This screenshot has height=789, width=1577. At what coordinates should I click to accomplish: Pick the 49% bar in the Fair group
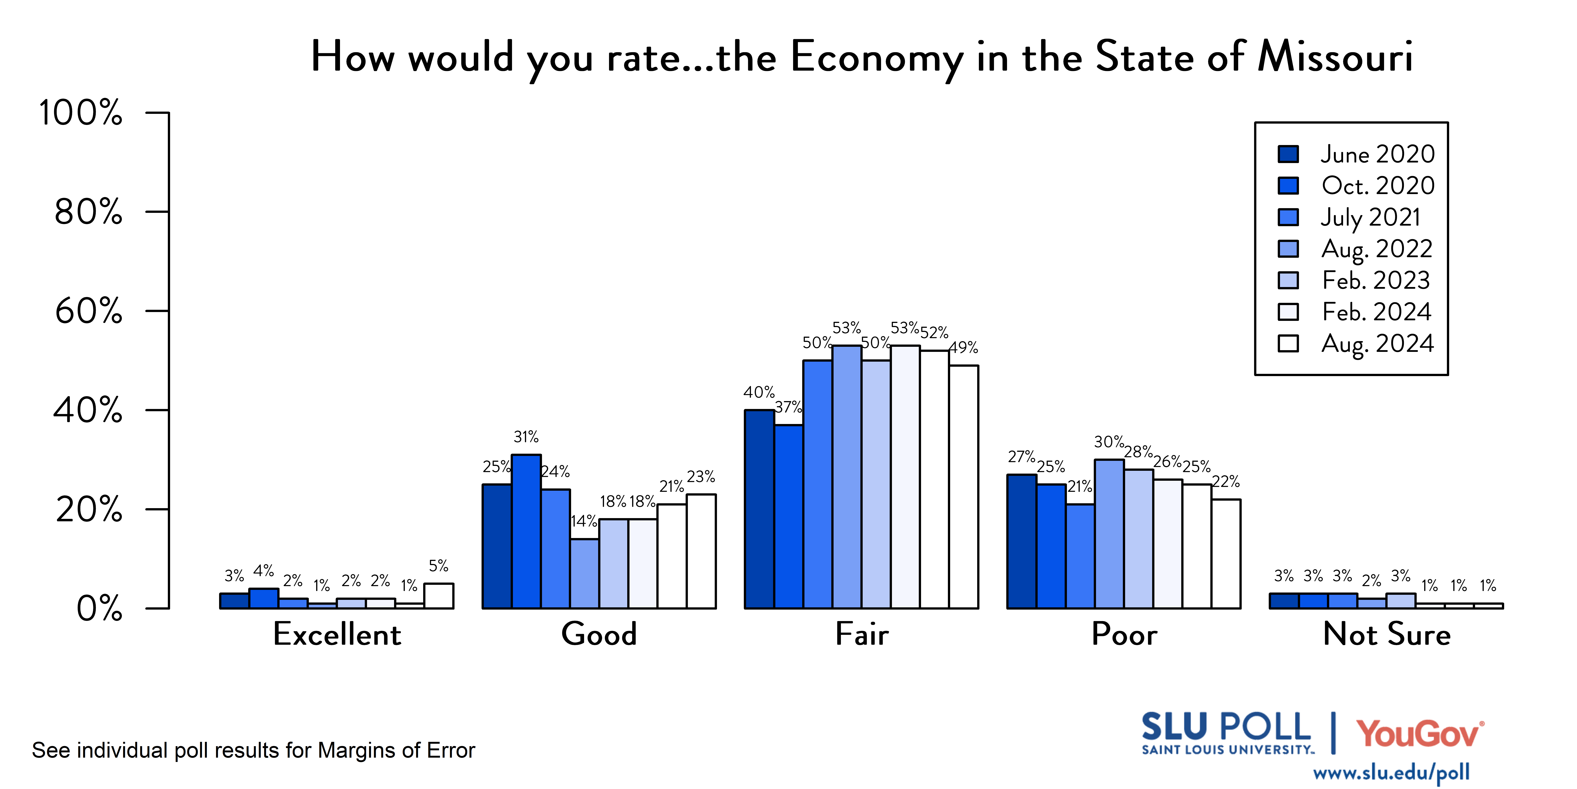click(964, 487)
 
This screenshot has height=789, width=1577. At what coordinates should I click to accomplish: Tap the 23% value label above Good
click(701, 477)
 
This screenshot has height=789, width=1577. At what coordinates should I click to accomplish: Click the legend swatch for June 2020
click(1288, 154)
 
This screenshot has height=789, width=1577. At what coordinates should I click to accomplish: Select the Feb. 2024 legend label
click(1377, 312)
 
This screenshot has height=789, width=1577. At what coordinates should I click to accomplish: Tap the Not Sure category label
click(1387, 634)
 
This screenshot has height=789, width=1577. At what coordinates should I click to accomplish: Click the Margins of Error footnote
click(253, 750)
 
